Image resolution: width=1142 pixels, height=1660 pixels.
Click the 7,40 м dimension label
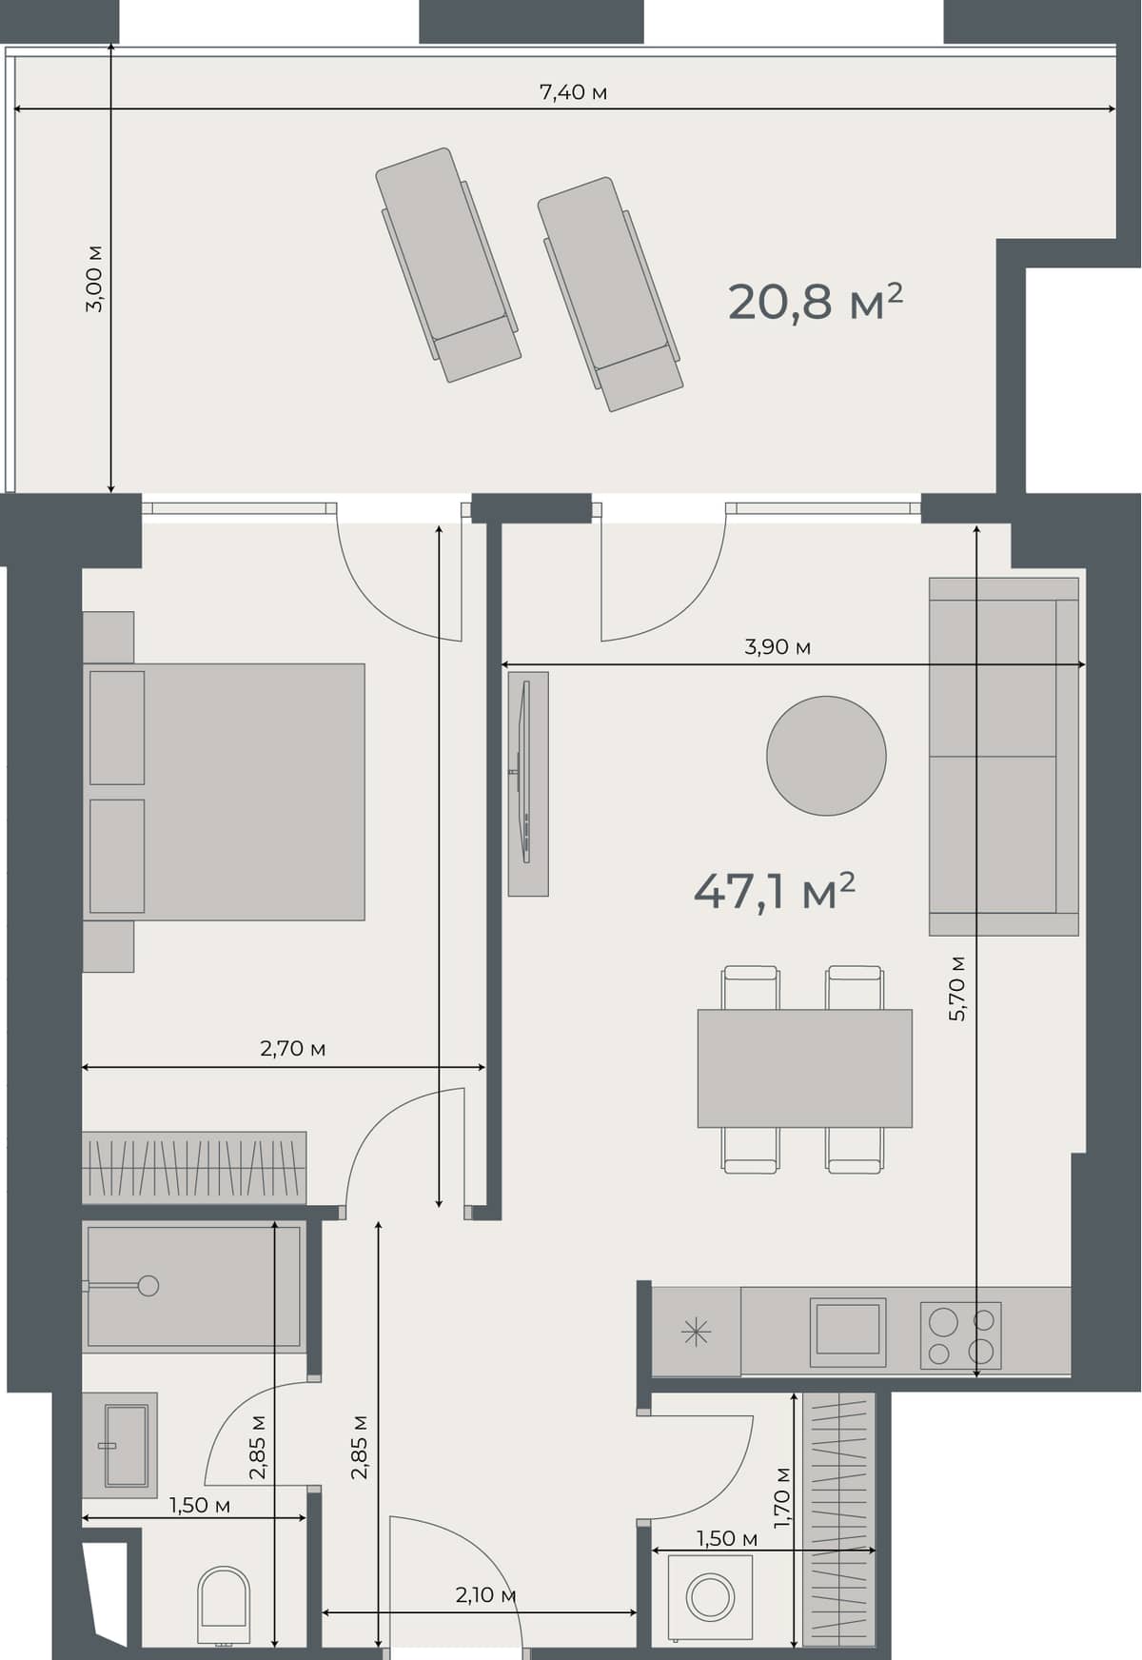tap(573, 92)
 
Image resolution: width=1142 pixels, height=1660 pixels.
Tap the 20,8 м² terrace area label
tap(815, 303)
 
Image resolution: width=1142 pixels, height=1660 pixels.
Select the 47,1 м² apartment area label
tap(774, 893)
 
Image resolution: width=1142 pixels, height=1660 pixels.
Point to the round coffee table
tap(826, 756)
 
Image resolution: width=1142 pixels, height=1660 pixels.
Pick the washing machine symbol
tap(710, 1596)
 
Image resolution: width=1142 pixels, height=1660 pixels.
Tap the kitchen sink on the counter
tap(847, 1331)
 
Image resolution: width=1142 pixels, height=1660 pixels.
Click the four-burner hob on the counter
tap(960, 1335)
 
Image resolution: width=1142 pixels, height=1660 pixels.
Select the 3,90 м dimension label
tap(778, 647)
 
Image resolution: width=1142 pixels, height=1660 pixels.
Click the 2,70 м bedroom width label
tap(293, 1049)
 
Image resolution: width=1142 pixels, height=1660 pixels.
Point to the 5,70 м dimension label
tap(957, 988)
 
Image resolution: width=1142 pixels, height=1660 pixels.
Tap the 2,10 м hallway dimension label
tap(485, 1595)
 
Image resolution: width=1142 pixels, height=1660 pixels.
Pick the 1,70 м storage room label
tap(781, 1496)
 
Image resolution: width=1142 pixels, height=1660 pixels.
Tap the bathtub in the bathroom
tap(194, 1286)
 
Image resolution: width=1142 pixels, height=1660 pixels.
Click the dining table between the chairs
tap(804, 1068)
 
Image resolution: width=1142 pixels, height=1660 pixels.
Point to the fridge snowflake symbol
tap(697, 1332)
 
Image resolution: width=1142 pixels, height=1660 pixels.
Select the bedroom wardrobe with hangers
tap(194, 1167)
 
